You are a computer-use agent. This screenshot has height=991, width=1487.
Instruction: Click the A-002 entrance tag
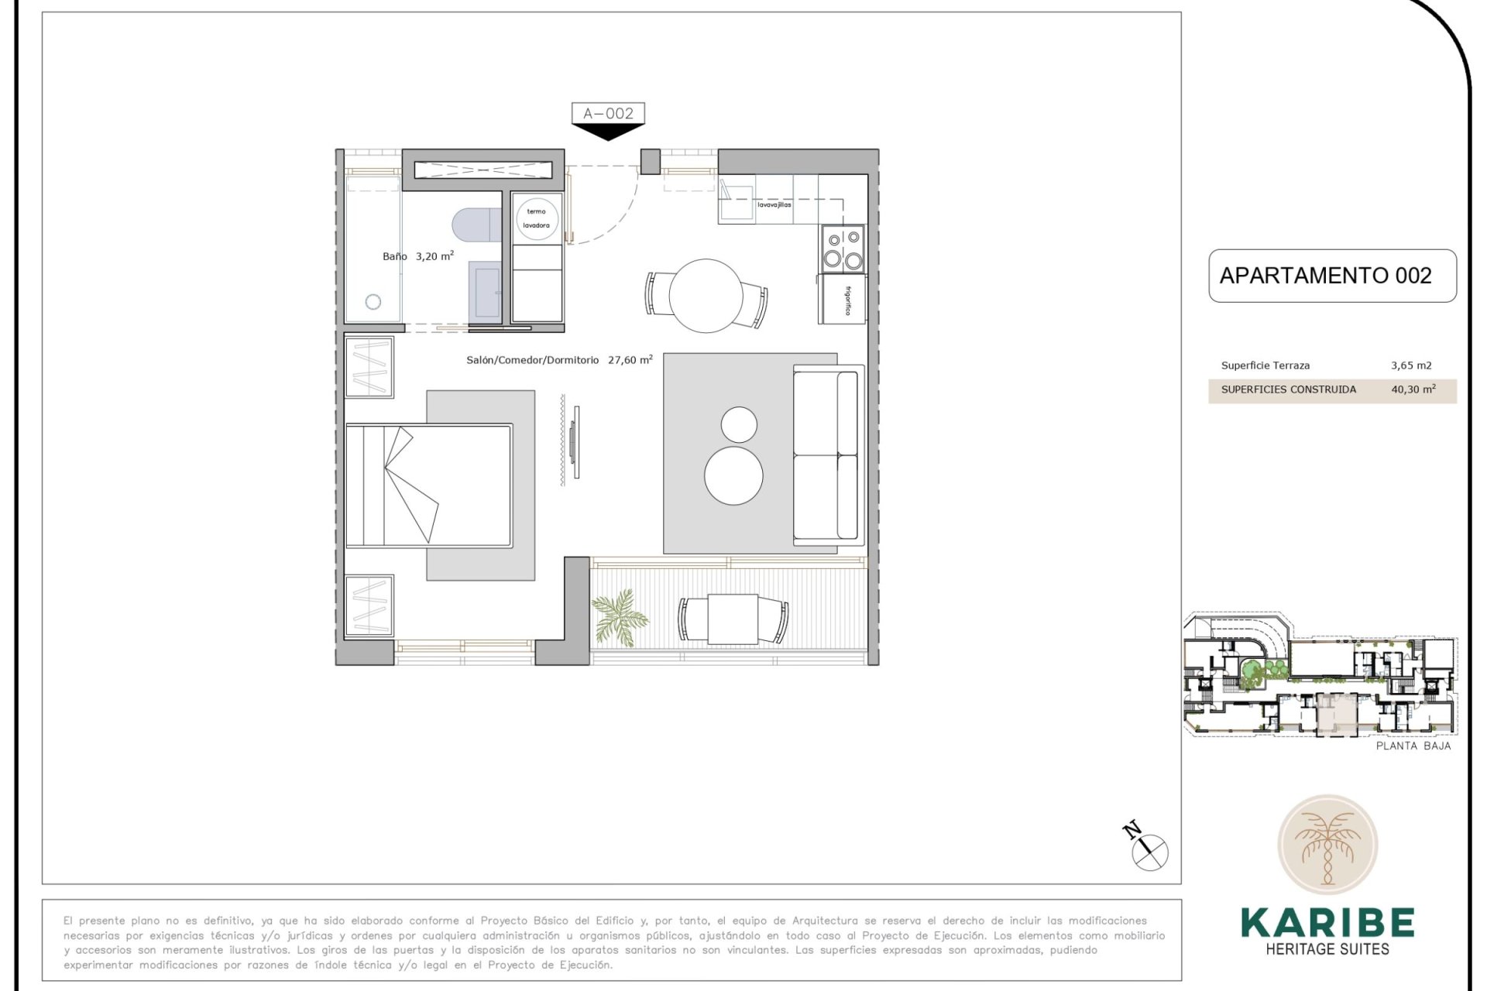pos(608,113)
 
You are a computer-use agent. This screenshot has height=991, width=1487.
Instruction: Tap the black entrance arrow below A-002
pos(608,132)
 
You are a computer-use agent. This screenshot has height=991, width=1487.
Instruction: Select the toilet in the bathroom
pos(474,225)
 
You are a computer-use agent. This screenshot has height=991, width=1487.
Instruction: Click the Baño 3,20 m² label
pos(417,256)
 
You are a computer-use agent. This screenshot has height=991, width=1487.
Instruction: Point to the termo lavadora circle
pos(536,218)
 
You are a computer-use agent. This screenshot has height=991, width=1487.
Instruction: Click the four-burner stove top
pos(843,249)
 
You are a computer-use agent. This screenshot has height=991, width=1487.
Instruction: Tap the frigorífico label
pos(848,300)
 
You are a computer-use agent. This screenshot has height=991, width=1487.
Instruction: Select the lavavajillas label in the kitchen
pos(774,205)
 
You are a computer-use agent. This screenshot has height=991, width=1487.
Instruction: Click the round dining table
pos(706,296)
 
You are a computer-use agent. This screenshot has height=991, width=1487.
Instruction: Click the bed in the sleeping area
pos(428,485)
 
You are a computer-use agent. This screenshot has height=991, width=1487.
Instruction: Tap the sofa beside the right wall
pos(826,455)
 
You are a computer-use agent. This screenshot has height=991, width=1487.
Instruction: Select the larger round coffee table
pos(733,475)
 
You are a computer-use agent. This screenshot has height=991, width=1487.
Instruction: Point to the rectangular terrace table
pos(733,619)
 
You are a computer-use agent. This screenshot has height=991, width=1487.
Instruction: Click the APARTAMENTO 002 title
pos(1325,276)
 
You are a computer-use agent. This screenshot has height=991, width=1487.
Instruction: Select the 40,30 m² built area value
pos(1413,389)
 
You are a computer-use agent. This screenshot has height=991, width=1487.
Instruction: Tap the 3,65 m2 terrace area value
pos(1411,365)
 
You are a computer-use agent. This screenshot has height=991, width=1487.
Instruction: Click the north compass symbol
pos(1149,852)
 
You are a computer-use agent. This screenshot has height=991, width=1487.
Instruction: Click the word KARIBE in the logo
pos(1327,922)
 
